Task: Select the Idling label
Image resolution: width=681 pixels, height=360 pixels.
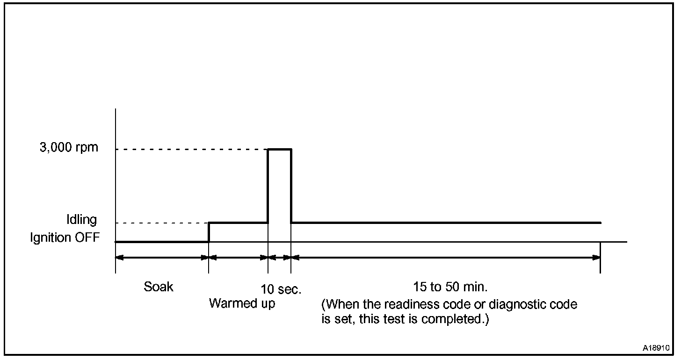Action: click(81, 220)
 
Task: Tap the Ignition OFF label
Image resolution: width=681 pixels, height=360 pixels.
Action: click(65, 238)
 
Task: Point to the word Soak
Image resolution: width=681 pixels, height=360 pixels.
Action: click(159, 287)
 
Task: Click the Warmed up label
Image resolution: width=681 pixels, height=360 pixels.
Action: click(242, 303)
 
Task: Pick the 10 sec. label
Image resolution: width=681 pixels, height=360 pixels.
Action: click(281, 290)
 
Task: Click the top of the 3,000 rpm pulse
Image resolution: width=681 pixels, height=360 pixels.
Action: click(279, 149)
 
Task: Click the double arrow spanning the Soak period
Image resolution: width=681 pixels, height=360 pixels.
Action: click(162, 257)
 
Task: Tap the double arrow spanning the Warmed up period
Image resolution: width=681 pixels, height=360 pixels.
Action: click(238, 257)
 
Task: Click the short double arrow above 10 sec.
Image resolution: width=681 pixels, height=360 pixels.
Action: click(279, 257)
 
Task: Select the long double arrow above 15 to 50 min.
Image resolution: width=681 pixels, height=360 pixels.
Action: click(445, 257)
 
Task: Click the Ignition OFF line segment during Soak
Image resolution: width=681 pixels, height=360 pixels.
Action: click(162, 242)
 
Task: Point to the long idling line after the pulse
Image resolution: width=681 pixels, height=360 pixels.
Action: click(445, 223)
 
